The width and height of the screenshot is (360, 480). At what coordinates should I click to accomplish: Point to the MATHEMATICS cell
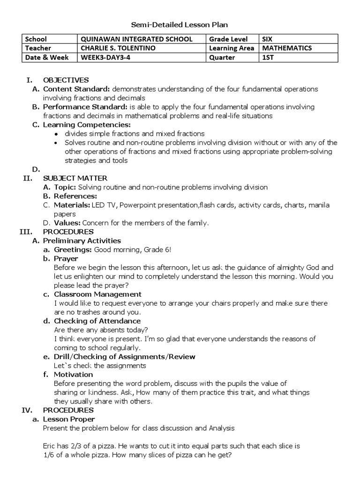point(287,48)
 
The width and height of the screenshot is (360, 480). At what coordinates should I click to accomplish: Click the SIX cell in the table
point(268,39)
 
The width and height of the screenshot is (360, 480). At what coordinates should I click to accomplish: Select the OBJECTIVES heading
point(66,80)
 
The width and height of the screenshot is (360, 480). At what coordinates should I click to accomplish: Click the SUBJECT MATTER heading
point(75,178)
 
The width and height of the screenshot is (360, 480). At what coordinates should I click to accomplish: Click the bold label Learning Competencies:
point(87,125)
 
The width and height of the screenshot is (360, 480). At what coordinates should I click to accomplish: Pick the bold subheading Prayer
point(66,258)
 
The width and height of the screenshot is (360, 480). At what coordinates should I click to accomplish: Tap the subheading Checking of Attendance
point(97,321)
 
